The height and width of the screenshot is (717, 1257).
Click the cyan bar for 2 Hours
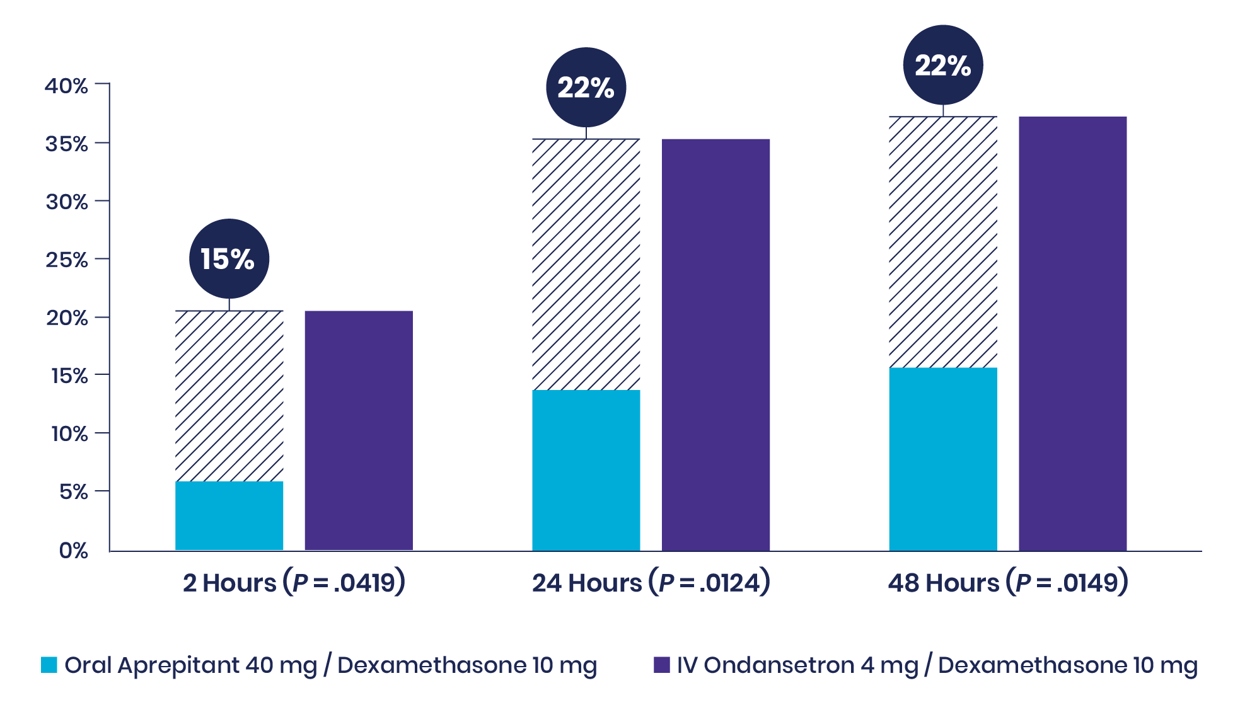pyautogui.click(x=229, y=515)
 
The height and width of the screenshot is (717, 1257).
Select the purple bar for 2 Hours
pyautogui.click(x=358, y=430)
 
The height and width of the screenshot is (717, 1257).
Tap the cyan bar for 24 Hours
pyautogui.click(x=586, y=470)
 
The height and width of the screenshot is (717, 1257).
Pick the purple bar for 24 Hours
pyautogui.click(x=715, y=344)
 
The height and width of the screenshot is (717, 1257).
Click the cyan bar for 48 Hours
pyautogui.click(x=942, y=459)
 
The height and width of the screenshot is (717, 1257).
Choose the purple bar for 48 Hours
pyautogui.click(x=1072, y=333)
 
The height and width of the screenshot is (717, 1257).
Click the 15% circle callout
pyautogui.click(x=229, y=258)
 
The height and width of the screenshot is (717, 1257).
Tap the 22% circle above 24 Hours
pyautogui.click(x=586, y=87)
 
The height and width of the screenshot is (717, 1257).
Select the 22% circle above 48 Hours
pyautogui.click(x=942, y=65)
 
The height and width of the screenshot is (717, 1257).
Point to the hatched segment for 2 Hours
pyautogui.click(x=229, y=396)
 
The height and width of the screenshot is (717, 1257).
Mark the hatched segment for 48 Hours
pyautogui.click(x=942, y=242)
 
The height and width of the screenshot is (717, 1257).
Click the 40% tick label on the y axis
pyautogui.click(x=66, y=86)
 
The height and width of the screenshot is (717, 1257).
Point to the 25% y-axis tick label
pyautogui.click(x=66, y=260)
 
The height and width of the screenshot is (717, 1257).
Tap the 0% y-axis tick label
pyautogui.click(x=73, y=550)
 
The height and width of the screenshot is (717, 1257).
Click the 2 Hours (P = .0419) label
pyautogui.click(x=294, y=582)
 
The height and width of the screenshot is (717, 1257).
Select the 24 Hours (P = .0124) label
pyautogui.click(x=651, y=582)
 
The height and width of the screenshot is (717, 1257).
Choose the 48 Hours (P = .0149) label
pyautogui.click(x=1007, y=582)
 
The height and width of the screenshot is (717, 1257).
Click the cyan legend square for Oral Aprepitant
pyautogui.click(x=49, y=665)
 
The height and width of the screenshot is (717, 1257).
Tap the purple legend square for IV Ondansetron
pyautogui.click(x=661, y=665)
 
